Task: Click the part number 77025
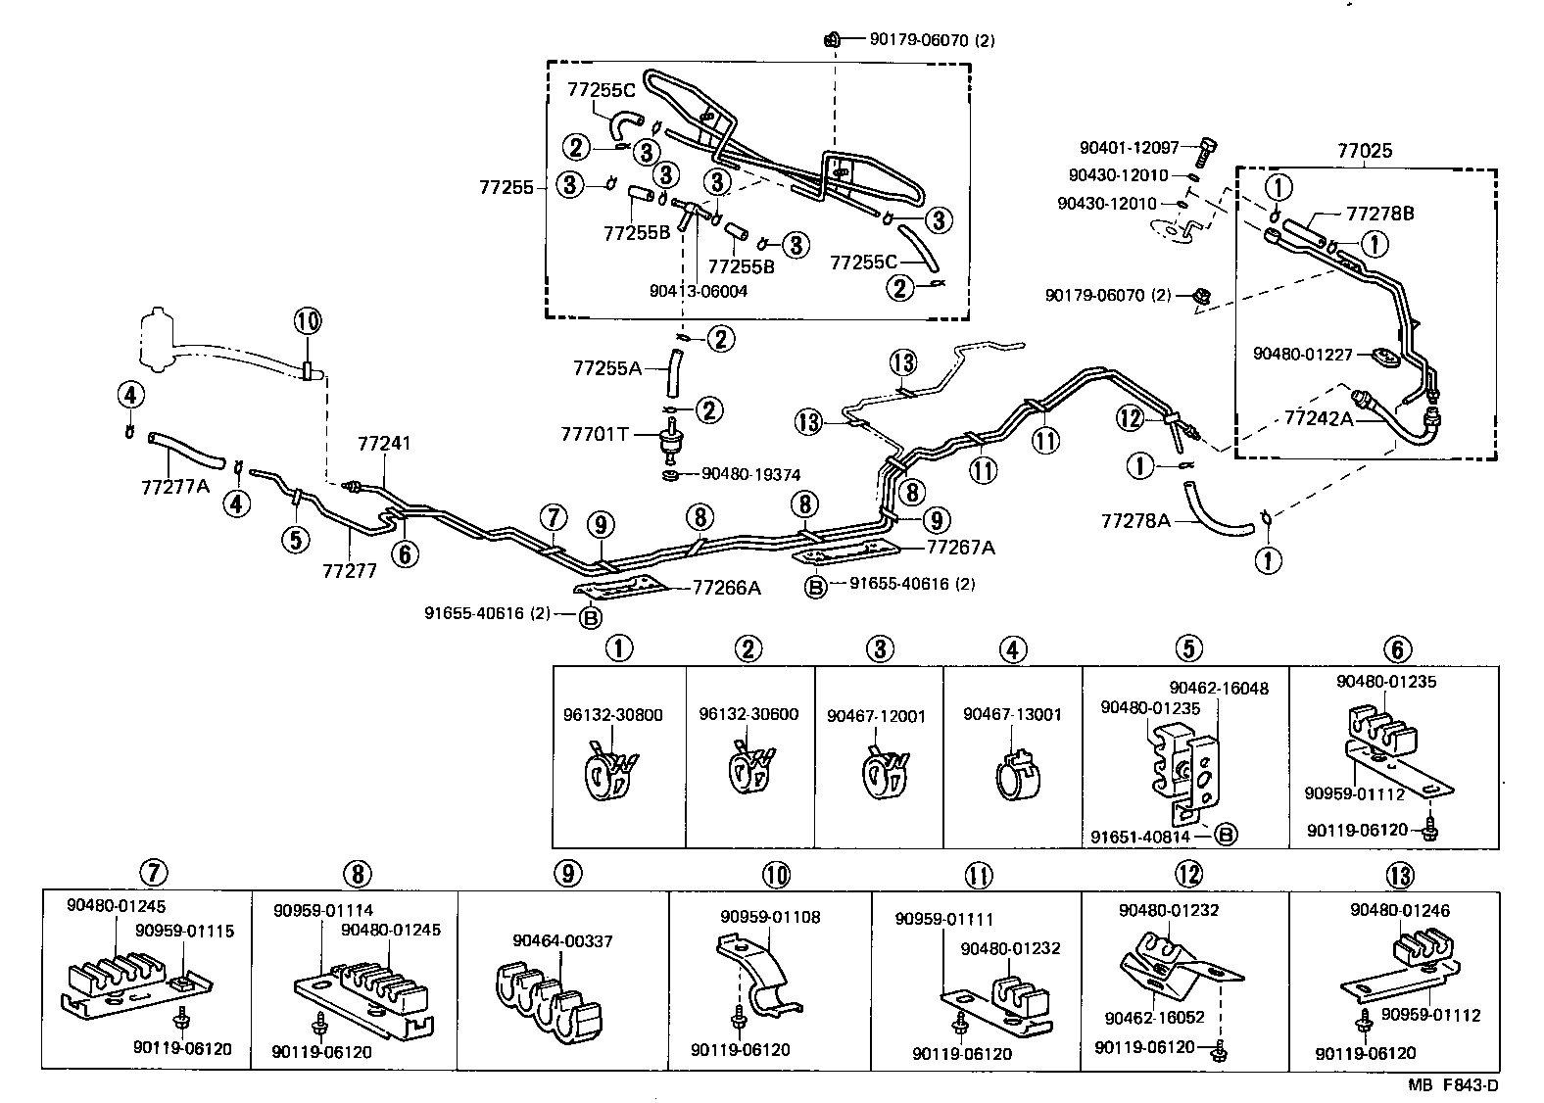[1365, 152]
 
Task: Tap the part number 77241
[384, 444]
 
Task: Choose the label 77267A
[960, 548]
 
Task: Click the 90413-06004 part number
[699, 291]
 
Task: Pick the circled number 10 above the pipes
[307, 321]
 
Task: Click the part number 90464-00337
[562, 941]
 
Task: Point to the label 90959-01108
[770, 917]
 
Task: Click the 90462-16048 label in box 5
[1219, 689]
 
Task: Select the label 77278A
[1135, 520]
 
